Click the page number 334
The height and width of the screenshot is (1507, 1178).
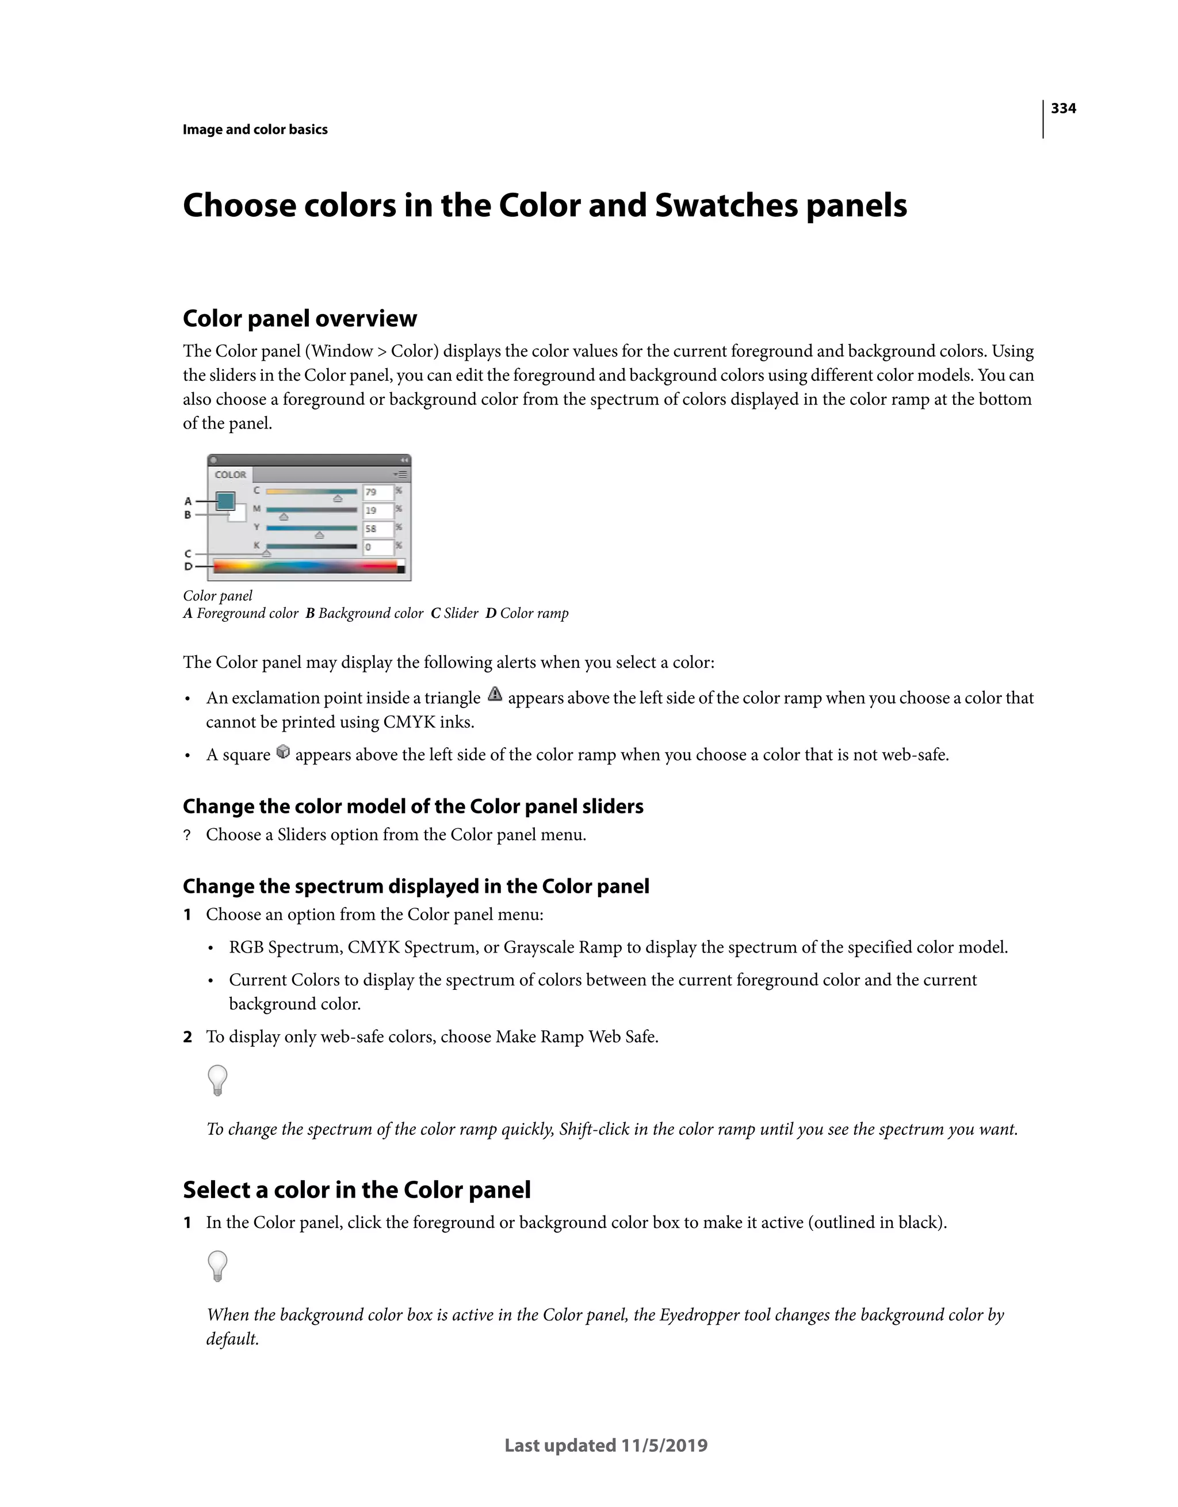[x=1063, y=108]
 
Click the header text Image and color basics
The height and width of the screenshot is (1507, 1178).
[x=255, y=130]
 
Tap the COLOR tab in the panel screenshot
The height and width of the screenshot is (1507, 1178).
[x=231, y=475]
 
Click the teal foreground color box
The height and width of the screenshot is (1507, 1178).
[x=225, y=500]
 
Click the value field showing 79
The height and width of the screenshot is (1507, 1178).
[x=377, y=492]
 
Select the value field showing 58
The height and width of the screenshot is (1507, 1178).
[x=377, y=529]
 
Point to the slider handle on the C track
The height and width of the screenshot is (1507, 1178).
[x=338, y=498]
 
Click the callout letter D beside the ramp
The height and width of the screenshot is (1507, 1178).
[x=188, y=567]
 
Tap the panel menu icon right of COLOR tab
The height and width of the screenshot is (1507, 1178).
[x=400, y=475]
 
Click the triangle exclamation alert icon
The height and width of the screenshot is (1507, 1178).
[x=494, y=695]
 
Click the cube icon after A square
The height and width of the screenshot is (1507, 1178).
[x=283, y=752]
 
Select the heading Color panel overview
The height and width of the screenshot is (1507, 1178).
[x=300, y=319]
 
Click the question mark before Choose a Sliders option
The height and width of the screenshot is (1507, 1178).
[x=187, y=836]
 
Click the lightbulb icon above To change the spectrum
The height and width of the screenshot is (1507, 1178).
[x=217, y=1080]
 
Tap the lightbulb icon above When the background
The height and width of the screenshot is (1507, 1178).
[x=217, y=1265]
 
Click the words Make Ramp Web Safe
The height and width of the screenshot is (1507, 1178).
[x=576, y=1037]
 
